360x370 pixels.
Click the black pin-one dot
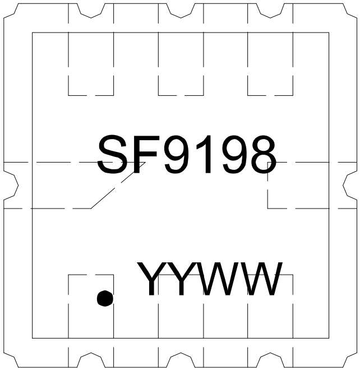105,298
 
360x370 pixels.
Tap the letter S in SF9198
112,154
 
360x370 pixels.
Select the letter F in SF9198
145,154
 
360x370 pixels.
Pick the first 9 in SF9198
179,154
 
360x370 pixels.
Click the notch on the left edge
11,186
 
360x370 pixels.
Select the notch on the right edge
350,186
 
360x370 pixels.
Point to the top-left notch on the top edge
91,11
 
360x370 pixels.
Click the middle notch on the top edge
181,11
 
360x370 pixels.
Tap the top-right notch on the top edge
270,11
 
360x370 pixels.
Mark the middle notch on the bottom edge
181,360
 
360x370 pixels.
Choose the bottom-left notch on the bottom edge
91,360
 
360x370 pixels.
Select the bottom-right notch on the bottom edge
270,360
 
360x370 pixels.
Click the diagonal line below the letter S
118,185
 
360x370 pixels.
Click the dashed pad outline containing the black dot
68,307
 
